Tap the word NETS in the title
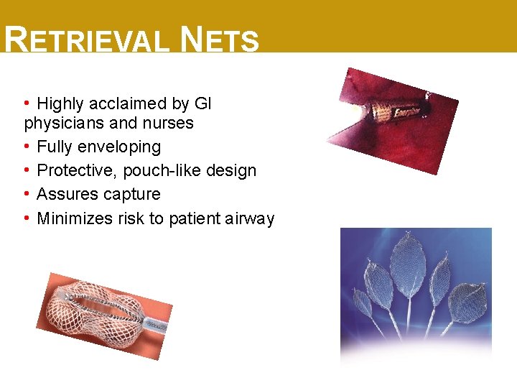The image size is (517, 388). click(220, 40)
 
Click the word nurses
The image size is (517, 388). click(169, 123)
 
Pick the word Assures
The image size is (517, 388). click(67, 194)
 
